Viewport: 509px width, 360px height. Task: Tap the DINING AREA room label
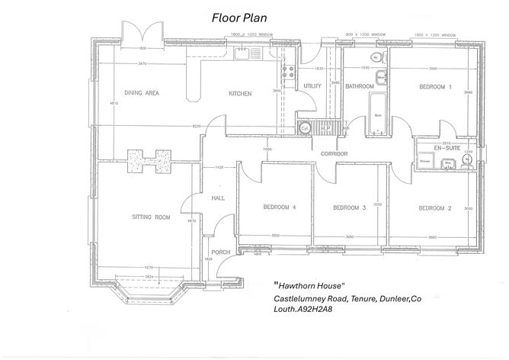142,94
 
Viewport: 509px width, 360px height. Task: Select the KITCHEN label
240,94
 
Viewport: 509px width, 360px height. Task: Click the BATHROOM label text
359,87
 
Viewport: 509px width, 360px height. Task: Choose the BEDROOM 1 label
435,87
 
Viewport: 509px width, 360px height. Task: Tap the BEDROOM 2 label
435,207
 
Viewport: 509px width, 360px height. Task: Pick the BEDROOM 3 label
351,207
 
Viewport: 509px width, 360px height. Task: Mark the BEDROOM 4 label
280,207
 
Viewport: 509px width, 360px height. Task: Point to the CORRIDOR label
335,154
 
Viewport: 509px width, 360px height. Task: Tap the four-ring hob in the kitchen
288,72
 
